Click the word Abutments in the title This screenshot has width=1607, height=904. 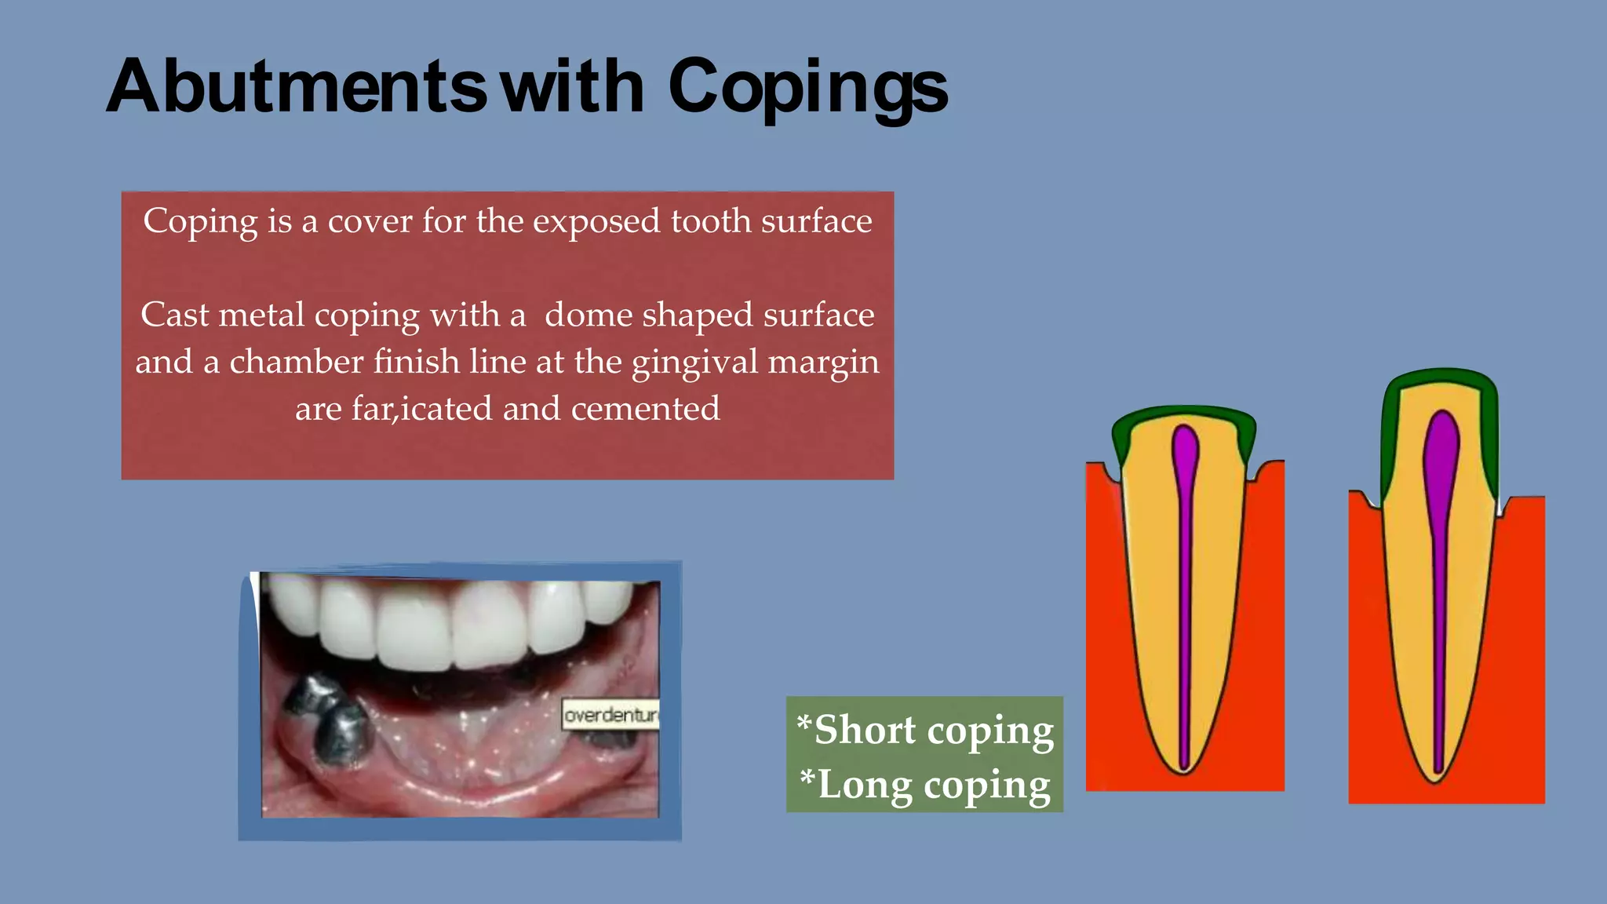pos(297,86)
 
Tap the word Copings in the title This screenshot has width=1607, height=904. pos(807,88)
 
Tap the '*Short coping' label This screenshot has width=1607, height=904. pos(925,731)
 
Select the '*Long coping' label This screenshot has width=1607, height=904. pos(925,785)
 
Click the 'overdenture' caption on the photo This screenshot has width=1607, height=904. pos(611,715)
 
